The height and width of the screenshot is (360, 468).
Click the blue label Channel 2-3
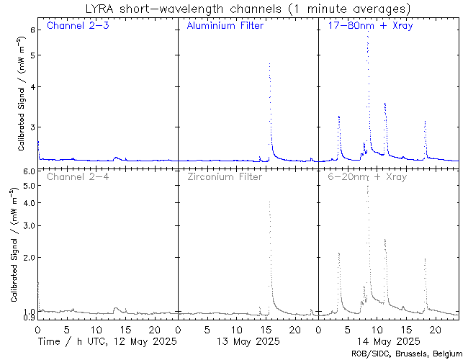pos(77,27)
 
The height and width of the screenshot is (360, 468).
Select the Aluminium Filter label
pos(225,27)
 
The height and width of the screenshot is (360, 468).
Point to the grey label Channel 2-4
pos(77,176)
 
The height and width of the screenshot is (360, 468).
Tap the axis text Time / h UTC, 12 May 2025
pos(107,341)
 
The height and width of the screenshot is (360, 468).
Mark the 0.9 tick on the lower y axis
pos(29,318)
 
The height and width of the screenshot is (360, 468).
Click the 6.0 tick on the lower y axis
pos(29,171)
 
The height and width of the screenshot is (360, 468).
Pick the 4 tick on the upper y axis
pos(32,87)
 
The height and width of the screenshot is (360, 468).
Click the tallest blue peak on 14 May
pos(367,36)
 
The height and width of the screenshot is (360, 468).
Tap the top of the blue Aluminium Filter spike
pos(269,63)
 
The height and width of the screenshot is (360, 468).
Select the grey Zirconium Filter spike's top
pos(269,202)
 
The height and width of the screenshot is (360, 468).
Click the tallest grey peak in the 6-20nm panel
pos(367,186)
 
